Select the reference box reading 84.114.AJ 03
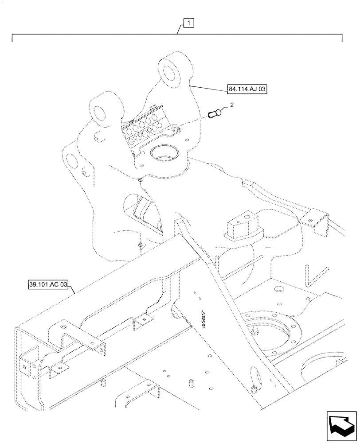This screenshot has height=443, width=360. click(x=248, y=89)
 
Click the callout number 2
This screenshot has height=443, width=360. click(x=231, y=105)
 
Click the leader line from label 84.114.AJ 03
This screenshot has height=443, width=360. click(x=208, y=86)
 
